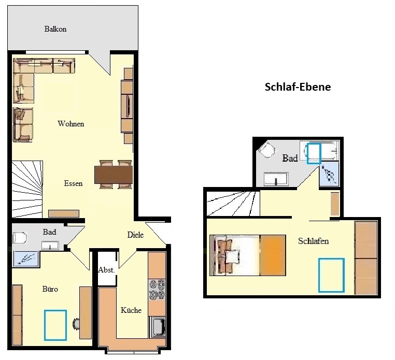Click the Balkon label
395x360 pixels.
(55, 29)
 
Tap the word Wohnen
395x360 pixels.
(71, 124)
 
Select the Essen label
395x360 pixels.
(73, 183)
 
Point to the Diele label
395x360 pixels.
(135, 235)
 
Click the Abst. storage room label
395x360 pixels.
(106, 270)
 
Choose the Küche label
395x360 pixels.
(131, 310)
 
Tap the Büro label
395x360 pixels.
(50, 289)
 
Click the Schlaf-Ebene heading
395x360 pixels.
(298, 87)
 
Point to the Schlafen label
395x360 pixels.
(314, 241)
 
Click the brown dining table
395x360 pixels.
(114, 175)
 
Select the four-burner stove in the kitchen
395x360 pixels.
(157, 290)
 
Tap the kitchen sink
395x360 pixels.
(158, 327)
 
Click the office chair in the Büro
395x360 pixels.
(76, 324)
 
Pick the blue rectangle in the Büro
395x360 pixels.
(55, 325)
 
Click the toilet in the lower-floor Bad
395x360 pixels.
(20, 238)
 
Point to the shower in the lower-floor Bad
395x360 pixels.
(26, 258)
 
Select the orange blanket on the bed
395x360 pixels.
(273, 255)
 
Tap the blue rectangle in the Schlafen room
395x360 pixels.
(331, 275)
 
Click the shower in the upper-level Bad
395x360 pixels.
(329, 174)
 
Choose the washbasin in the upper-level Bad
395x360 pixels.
(276, 179)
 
